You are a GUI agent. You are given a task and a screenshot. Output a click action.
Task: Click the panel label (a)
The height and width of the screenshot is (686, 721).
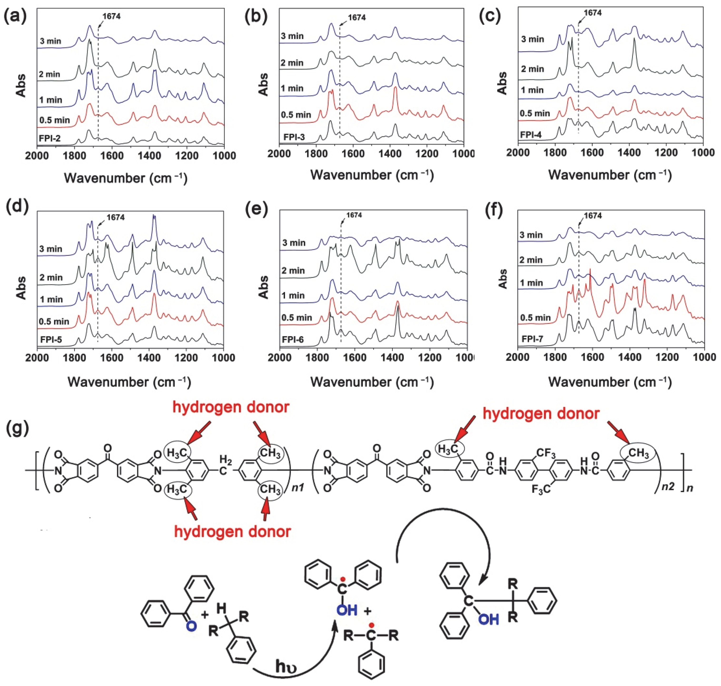[x=15, y=16]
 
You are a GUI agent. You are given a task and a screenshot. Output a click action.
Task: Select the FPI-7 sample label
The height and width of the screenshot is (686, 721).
[x=532, y=339]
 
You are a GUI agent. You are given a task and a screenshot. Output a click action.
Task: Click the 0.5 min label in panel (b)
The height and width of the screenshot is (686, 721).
[x=296, y=115]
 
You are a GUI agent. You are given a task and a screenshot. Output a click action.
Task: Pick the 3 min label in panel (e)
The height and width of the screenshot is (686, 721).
[x=294, y=243]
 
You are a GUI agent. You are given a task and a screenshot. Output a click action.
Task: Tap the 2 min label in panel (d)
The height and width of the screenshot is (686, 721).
[x=51, y=277]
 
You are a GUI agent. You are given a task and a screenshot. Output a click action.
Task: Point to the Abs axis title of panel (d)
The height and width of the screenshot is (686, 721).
[x=21, y=288]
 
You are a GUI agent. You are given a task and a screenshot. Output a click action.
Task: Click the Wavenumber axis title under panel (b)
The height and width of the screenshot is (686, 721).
[x=372, y=175]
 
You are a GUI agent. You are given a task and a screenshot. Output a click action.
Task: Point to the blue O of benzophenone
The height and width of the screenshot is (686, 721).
[x=191, y=626]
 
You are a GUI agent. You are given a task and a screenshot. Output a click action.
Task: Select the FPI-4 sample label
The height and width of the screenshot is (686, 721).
[x=531, y=135]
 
